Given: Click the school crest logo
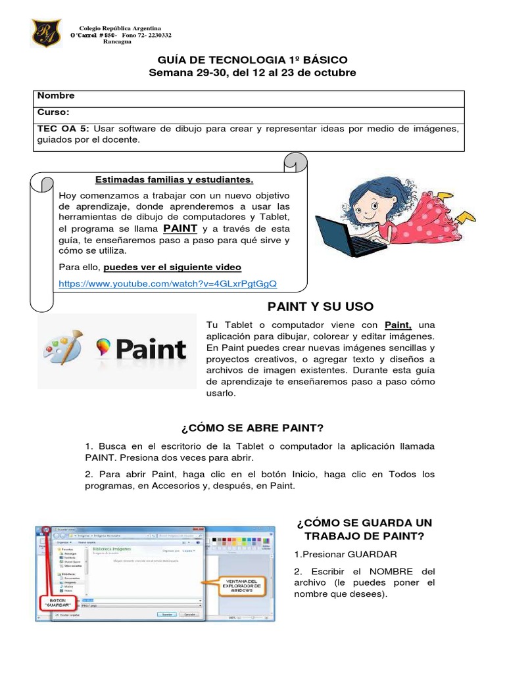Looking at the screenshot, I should (x=46, y=32).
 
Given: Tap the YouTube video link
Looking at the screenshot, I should (x=168, y=283).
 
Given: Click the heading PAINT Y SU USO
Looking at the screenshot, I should (x=320, y=306).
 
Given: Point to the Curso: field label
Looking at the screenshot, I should (x=53, y=112).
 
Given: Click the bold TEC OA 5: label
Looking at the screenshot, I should (x=62, y=128).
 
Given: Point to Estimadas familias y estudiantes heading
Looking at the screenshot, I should (x=174, y=179).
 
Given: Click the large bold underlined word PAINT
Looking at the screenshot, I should (x=180, y=228).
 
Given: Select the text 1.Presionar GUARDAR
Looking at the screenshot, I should (x=346, y=554).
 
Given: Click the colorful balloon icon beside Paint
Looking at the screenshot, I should (x=102, y=347).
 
